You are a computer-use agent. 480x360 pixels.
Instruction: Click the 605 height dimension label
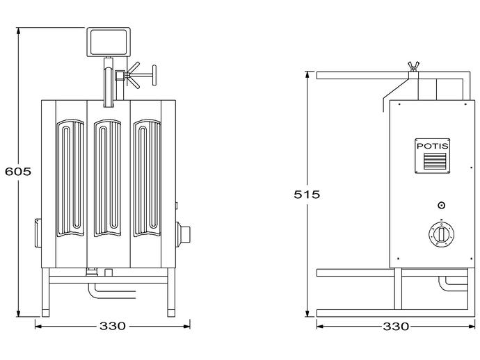18,171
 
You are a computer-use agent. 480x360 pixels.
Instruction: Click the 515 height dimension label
307,194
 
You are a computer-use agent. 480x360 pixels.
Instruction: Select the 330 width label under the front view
112,326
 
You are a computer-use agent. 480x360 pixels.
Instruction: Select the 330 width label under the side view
396,327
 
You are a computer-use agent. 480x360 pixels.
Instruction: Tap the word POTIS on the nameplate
433,146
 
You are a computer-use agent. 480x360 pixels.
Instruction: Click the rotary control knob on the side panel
441,235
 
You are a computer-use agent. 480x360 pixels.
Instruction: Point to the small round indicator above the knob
441,205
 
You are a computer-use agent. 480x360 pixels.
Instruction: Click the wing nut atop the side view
414,67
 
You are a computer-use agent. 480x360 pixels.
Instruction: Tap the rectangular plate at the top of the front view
109,42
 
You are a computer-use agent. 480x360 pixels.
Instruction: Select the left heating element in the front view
70,178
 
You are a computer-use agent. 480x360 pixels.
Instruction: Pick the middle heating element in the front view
107,178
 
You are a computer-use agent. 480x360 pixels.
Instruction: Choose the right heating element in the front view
147,178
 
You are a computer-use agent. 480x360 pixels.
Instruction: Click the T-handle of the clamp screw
154,75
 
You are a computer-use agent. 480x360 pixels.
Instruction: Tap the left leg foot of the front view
45,313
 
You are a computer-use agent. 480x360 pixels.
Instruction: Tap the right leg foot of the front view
171,313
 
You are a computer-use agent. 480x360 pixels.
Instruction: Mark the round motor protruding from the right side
183,234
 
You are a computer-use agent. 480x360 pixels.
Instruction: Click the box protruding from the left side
38,233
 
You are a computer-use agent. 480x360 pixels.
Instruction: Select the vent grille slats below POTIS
435,161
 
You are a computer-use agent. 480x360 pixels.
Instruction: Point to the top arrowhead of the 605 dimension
19,31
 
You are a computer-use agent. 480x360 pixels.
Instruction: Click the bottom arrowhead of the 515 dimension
307,313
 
